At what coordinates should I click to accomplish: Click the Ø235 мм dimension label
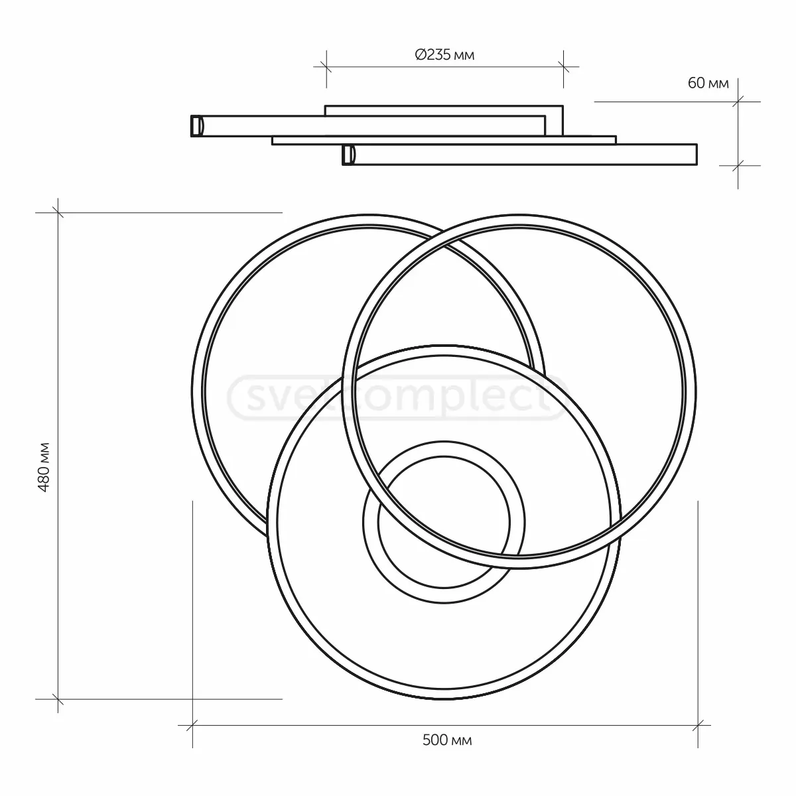point(444,56)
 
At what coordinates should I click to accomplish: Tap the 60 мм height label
point(708,84)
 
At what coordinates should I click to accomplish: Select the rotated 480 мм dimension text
point(44,467)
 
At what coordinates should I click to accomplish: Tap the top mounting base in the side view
point(444,110)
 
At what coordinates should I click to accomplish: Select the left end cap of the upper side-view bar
point(196,126)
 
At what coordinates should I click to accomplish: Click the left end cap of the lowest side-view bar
point(348,155)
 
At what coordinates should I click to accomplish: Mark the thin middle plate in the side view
point(444,140)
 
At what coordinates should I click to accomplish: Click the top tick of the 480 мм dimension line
point(58,213)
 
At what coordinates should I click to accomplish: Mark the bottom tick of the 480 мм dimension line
point(58,698)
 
